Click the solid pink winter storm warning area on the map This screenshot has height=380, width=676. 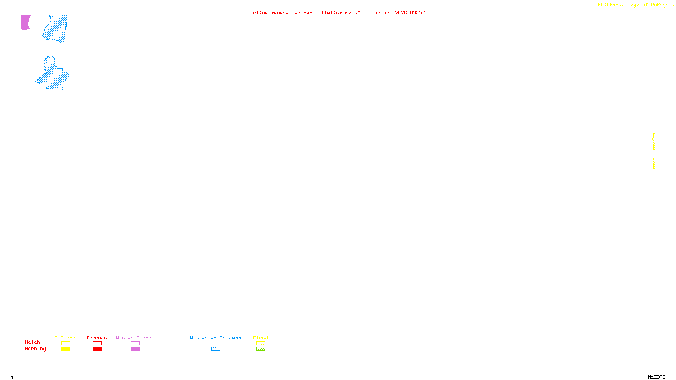[x=25, y=22]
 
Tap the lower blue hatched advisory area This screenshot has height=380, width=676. [x=54, y=76]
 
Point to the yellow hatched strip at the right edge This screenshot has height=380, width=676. [x=654, y=151]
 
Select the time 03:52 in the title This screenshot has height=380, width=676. [x=417, y=13]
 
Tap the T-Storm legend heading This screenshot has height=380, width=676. [x=65, y=338]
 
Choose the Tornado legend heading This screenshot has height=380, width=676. [x=97, y=338]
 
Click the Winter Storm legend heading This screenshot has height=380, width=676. [x=134, y=338]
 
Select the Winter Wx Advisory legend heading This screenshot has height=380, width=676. [x=216, y=338]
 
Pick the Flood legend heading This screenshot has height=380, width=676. [x=261, y=338]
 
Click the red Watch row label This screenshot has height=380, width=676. [x=33, y=342]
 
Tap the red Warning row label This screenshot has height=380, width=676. [x=35, y=349]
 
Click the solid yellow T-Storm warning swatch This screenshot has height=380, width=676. [x=65, y=349]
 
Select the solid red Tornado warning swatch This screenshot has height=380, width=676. [x=97, y=349]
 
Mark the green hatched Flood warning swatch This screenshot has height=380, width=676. [x=261, y=349]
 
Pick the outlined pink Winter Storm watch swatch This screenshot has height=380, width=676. [x=135, y=343]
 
